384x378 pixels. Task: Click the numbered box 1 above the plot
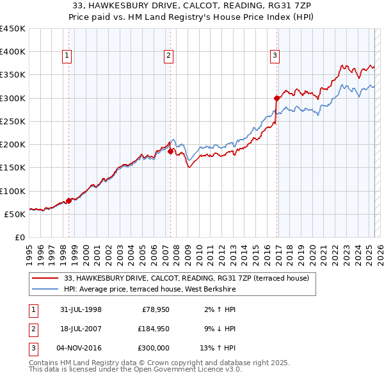coord(67,56)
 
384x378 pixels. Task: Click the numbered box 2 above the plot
coord(168,56)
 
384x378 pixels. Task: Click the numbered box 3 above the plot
coord(275,56)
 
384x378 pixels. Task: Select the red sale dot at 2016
coord(277,98)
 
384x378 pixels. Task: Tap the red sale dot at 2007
coord(171,152)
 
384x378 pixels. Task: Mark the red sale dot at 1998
coord(69,201)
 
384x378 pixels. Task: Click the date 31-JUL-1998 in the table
coord(81,309)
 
